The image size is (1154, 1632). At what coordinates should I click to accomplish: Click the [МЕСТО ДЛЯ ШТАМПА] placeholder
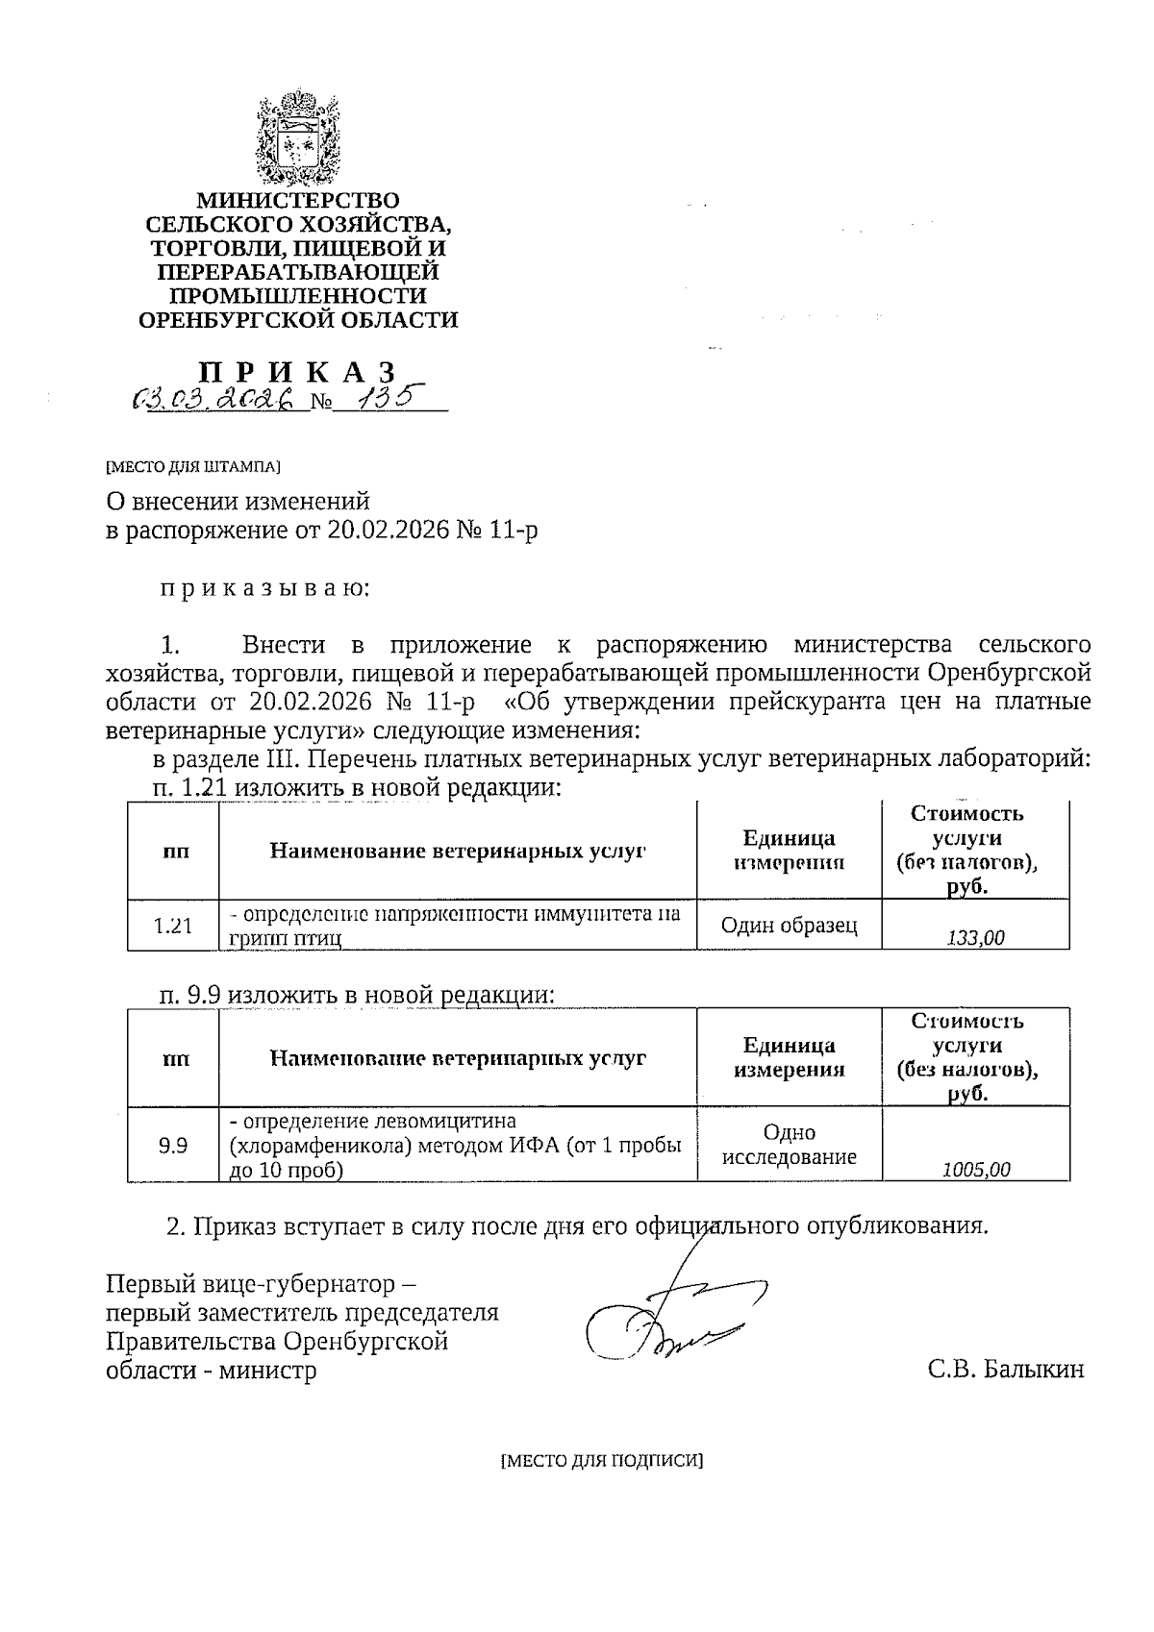(192, 467)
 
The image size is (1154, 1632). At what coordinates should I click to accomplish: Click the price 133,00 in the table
(975, 937)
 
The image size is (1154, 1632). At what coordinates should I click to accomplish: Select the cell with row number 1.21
(173, 926)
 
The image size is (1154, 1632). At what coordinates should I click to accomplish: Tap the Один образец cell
(789, 925)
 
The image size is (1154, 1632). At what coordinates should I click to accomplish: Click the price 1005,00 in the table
(975, 1169)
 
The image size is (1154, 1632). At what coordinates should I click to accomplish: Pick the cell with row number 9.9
(173, 1145)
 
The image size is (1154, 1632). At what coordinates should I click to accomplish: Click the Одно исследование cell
(789, 1145)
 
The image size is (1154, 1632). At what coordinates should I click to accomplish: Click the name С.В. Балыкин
(1005, 1369)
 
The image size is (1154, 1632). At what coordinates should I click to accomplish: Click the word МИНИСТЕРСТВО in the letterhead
(297, 200)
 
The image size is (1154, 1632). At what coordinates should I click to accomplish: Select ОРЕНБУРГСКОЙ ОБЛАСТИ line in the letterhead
(297, 320)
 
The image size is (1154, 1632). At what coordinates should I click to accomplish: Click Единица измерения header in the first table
(789, 850)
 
